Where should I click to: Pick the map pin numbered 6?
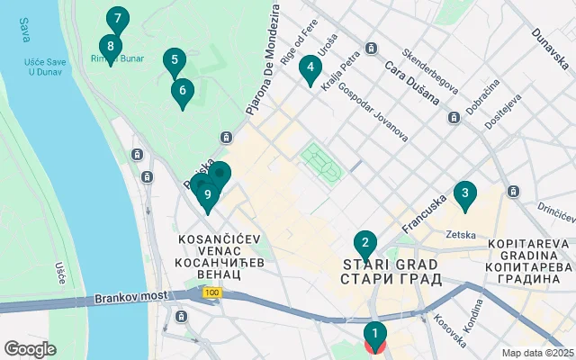[x=183, y=91]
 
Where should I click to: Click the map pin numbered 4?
[x=310, y=67]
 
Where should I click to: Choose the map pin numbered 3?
[x=464, y=193]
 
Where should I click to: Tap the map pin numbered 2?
[x=364, y=243]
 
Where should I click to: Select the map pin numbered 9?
[x=208, y=194]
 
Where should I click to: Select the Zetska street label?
[x=461, y=235]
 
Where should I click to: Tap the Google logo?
[x=30, y=349]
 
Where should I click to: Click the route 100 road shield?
[x=211, y=293]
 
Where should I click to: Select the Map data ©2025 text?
[x=536, y=353]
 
